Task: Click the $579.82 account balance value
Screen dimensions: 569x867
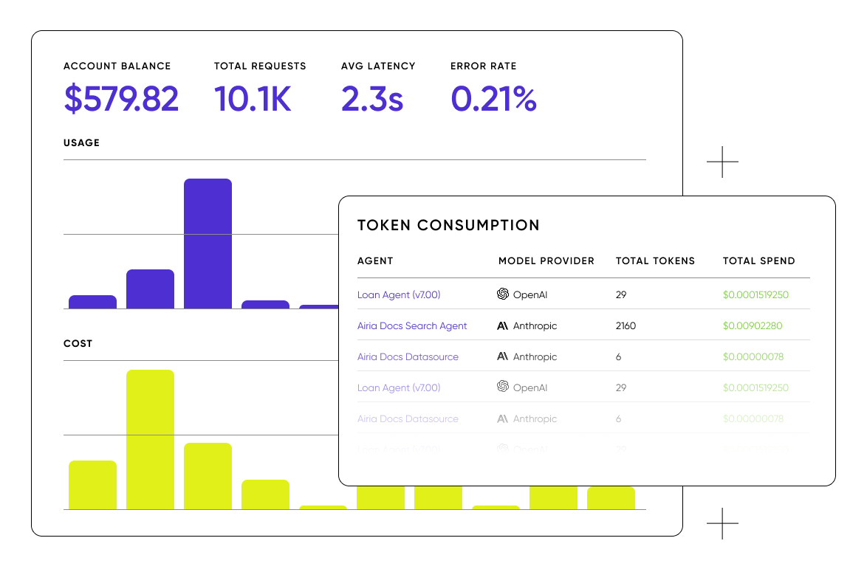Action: point(121,99)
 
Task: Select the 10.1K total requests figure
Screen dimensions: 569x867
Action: point(253,99)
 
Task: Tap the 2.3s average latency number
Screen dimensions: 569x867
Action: point(372,99)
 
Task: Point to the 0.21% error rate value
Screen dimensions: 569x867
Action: point(493,99)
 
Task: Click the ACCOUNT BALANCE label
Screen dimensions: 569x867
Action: point(117,66)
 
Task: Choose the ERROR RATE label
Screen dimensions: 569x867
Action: point(483,66)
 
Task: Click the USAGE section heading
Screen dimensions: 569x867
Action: point(81,143)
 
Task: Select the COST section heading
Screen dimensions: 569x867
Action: point(78,344)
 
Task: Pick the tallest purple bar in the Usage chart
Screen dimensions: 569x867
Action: point(208,244)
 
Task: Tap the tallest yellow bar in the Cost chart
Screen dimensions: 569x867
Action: point(150,439)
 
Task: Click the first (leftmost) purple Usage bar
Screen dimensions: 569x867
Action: point(92,302)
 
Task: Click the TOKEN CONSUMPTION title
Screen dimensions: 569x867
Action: point(448,226)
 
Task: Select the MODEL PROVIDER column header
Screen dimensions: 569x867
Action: point(546,261)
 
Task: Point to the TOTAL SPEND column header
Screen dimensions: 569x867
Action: point(758,261)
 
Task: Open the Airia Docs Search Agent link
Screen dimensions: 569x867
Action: point(412,326)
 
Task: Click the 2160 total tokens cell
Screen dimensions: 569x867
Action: point(626,326)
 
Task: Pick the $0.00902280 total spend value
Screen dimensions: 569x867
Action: point(753,326)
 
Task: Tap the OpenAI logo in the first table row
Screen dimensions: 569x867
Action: point(503,294)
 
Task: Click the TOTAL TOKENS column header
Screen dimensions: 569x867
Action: point(655,261)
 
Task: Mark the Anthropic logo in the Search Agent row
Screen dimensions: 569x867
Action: point(503,325)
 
